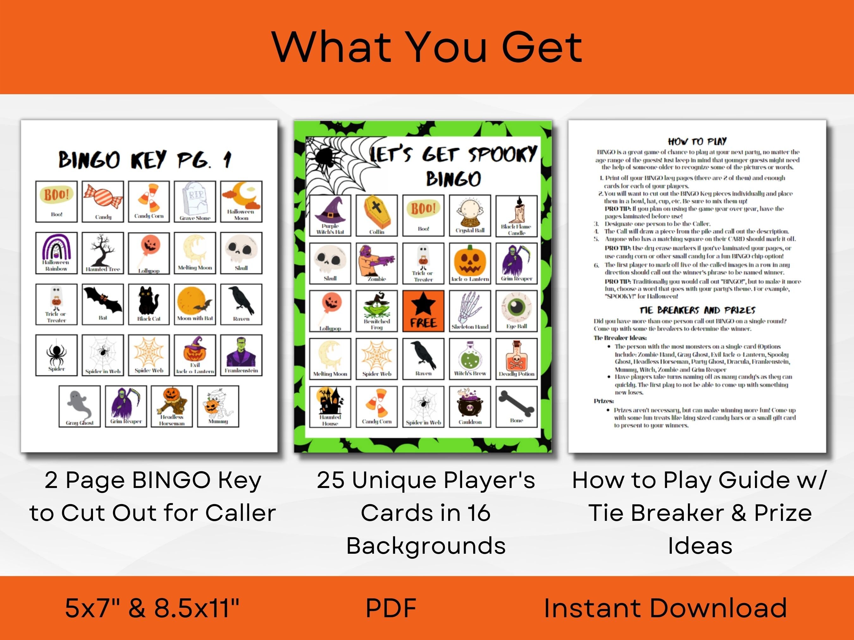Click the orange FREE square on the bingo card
[x=423, y=311]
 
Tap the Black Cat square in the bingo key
[x=149, y=304]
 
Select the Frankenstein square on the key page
[x=241, y=355]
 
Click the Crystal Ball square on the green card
[x=470, y=215]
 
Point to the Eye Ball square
[x=517, y=311]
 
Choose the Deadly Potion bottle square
[x=517, y=358]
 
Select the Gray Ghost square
[x=79, y=406]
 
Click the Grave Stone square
[x=195, y=201]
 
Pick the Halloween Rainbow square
[x=56, y=253]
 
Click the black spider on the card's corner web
[x=324, y=158]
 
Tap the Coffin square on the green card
[x=376, y=215]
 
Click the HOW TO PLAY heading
[x=697, y=141]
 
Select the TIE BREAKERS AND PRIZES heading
[x=697, y=310]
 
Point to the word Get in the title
[x=542, y=48]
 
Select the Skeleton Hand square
[x=470, y=311]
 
